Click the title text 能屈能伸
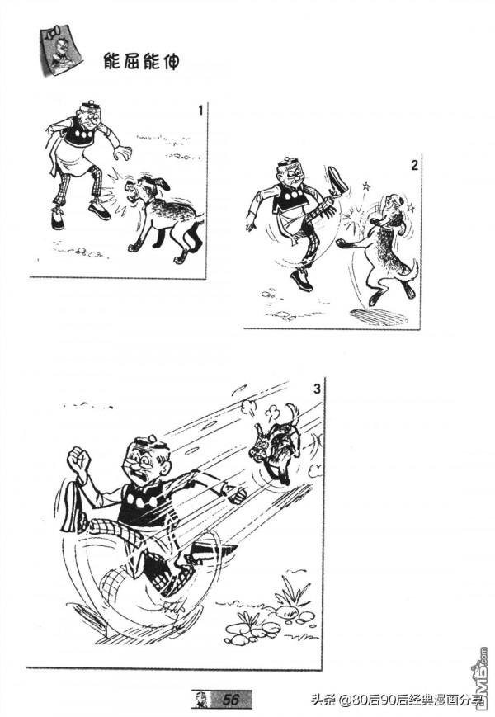click(142, 61)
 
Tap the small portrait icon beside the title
click(60, 50)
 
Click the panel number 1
click(200, 111)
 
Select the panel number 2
click(414, 165)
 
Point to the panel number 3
click(317, 389)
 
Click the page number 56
click(231, 699)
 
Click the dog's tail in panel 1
click(200, 223)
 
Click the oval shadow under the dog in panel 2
click(379, 317)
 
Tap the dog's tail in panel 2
click(412, 270)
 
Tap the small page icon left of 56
click(200, 700)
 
